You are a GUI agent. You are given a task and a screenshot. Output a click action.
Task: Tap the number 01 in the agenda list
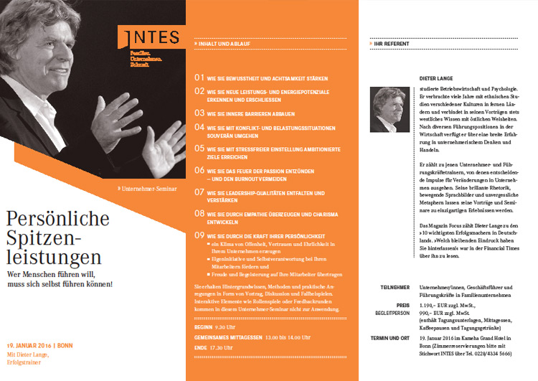[200, 76]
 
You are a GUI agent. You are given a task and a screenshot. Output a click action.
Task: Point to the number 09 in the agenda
[200, 235]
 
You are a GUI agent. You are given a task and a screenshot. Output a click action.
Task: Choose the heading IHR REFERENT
[393, 44]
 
